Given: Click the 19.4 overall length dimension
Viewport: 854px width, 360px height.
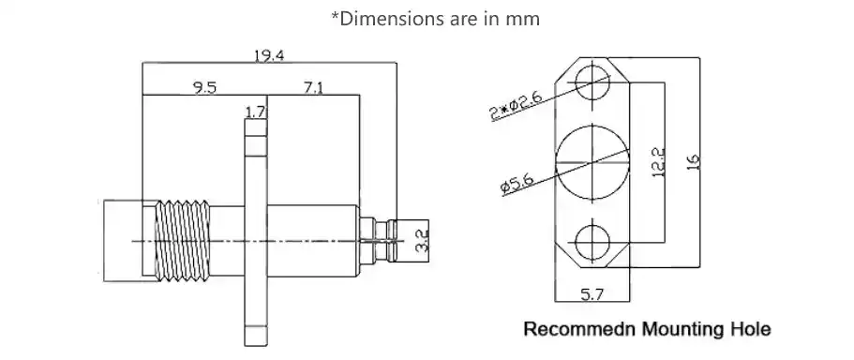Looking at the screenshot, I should tap(268, 55).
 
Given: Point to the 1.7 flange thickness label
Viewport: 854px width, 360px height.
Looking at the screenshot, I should tap(254, 112).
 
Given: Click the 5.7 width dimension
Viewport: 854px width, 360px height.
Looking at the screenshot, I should tap(592, 294).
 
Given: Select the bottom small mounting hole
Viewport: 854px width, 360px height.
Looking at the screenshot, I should tap(592, 242).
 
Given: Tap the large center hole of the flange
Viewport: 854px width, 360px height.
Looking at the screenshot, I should tap(592, 160).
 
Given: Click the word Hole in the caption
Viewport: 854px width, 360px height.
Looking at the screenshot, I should tap(748, 330).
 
